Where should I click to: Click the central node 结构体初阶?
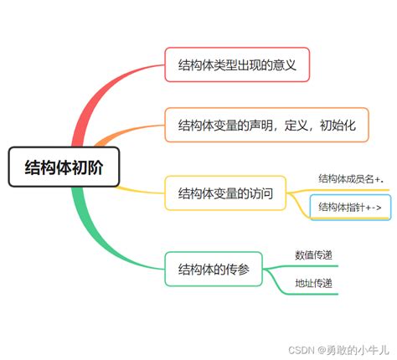point(64,167)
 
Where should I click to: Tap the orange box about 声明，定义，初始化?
point(267,126)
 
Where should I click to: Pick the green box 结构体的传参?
point(214,269)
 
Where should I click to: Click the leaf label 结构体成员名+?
point(350,178)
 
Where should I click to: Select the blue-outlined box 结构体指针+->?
point(350,206)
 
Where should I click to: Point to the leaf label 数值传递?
point(313,255)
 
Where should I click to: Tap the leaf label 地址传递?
point(313,284)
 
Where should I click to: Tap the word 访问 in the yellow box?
point(260,193)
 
